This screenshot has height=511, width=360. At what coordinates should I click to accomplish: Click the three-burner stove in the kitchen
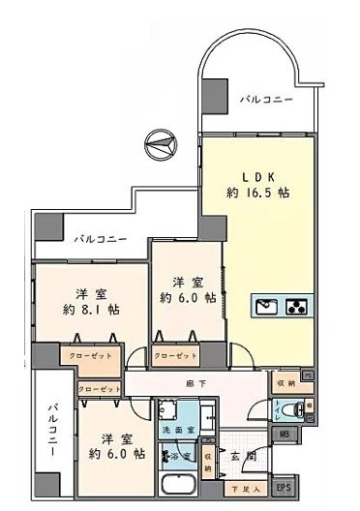click(298, 307)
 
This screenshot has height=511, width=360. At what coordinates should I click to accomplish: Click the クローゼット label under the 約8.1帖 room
click(90, 356)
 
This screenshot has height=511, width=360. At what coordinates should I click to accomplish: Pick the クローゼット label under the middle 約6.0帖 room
click(175, 355)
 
